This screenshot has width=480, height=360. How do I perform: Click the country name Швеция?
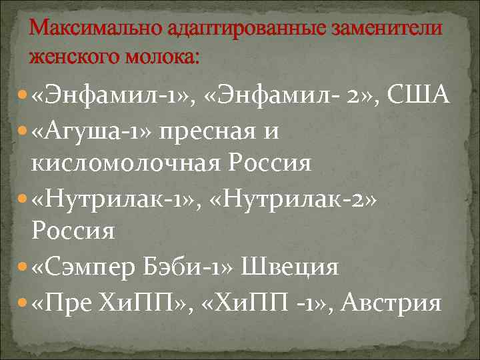click(296, 267)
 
